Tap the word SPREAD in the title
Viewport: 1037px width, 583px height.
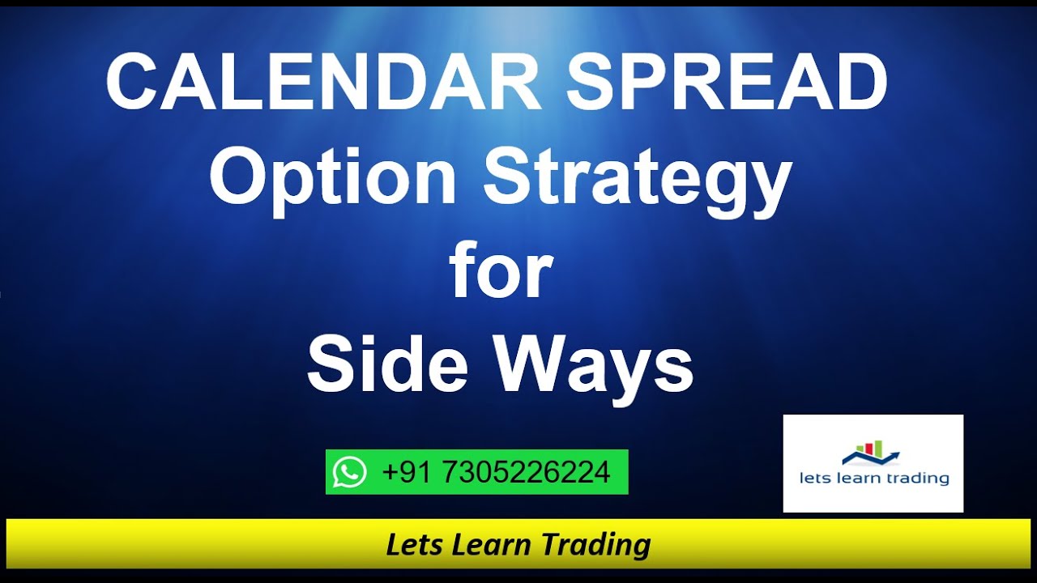(726, 83)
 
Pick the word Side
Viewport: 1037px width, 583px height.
(387, 365)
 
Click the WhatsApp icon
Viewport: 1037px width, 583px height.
(349, 471)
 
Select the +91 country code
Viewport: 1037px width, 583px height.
(408, 471)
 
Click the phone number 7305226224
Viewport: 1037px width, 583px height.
(526, 471)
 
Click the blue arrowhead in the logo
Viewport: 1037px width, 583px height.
(894, 456)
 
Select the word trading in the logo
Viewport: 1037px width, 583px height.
(916, 479)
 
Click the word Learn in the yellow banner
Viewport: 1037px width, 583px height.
(492, 544)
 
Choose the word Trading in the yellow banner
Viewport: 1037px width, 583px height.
(595, 545)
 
